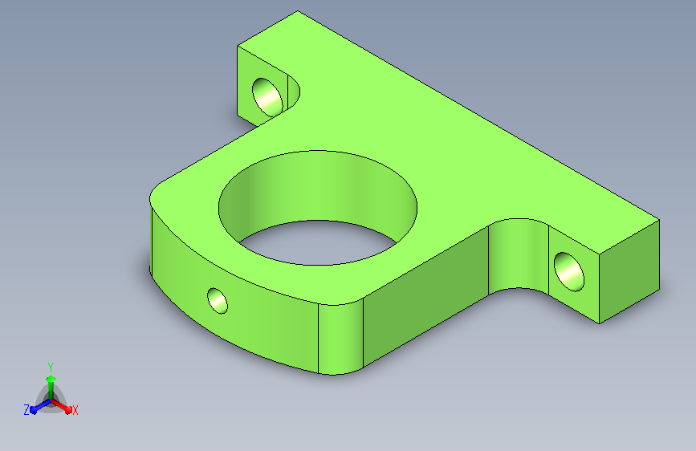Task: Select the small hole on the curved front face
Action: click(x=218, y=300)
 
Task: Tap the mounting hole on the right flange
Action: click(x=569, y=272)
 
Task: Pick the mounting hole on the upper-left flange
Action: click(x=267, y=97)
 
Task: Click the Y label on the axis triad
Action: click(x=51, y=368)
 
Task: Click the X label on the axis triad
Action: click(x=75, y=411)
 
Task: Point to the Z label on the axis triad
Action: click(x=26, y=410)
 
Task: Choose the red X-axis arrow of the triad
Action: click(x=61, y=406)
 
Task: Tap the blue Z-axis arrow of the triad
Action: click(x=40, y=406)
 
